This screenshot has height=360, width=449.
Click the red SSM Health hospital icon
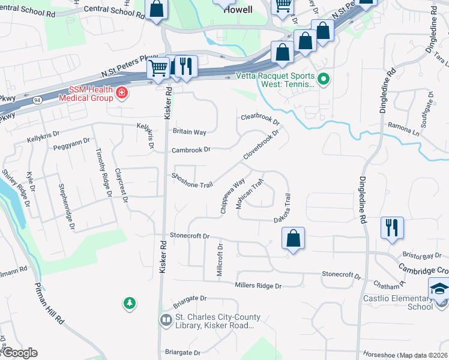(122, 92)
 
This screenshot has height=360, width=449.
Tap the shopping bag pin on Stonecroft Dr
(292, 238)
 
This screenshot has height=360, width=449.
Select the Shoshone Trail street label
(192, 180)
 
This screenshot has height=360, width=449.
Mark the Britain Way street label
(189, 131)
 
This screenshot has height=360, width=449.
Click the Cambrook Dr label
(191, 149)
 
